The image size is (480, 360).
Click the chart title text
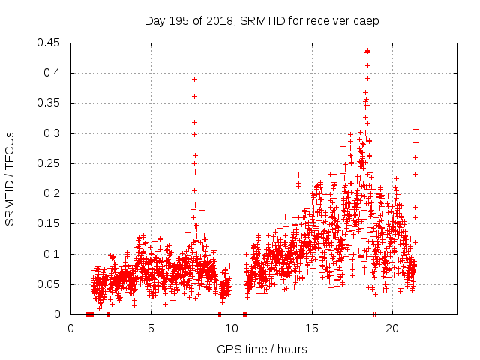pos(262,21)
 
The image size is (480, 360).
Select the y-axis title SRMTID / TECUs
pos(10,178)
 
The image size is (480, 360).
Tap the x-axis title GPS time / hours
pos(262,349)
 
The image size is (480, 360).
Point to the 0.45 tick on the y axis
pos(50,43)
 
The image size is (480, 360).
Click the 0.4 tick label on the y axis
pos(53,73)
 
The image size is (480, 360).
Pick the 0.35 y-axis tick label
pos(50,103)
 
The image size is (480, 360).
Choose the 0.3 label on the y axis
pos(53,133)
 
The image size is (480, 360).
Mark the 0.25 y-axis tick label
pos(50,163)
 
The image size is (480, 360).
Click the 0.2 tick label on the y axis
pos(53,193)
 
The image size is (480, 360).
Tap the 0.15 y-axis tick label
pos(50,223)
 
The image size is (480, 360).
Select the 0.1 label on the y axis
pos(53,254)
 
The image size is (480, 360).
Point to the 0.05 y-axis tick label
pos(50,284)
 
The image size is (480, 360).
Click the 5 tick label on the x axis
pos(151,328)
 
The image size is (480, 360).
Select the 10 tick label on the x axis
pos(232,328)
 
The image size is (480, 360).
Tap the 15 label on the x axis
pos(312,328)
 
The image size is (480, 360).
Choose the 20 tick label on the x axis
pos(392,328)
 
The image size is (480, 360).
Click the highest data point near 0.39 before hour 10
pos(194,79)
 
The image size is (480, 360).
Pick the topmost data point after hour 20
pos(415,129)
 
